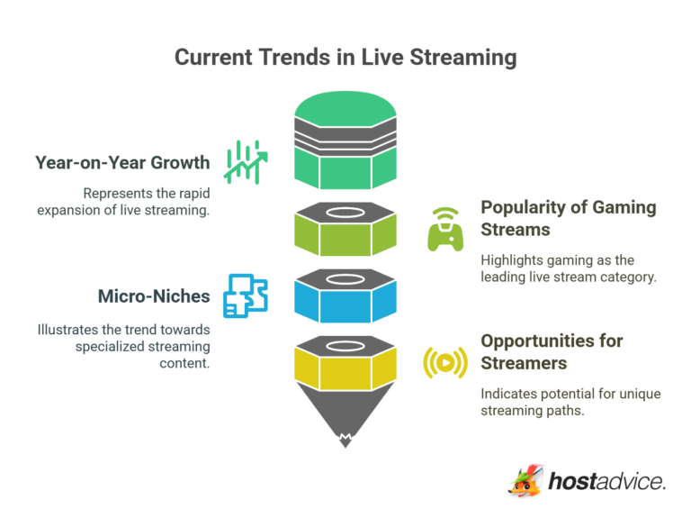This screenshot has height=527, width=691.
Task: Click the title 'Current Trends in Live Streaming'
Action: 345,57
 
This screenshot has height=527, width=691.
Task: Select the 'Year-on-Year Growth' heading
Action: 122,163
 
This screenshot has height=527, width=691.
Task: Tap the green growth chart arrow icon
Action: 246,162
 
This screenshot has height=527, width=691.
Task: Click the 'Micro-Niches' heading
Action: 153,295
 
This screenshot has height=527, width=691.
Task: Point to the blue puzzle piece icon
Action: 246,295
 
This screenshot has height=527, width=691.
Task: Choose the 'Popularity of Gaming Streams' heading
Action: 568,217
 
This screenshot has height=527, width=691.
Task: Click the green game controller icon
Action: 445,229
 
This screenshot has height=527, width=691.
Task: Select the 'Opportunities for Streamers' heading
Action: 552,352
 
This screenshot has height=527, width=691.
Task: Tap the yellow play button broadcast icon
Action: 445,362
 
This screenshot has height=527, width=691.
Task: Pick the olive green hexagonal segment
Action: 345,235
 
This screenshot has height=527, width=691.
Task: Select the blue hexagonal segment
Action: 345,301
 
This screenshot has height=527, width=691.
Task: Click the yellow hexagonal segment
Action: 345,368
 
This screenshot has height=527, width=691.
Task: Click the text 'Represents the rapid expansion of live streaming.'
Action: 147,202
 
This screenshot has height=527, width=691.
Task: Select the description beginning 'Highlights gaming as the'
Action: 569,268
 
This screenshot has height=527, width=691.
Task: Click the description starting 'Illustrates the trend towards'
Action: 125,347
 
